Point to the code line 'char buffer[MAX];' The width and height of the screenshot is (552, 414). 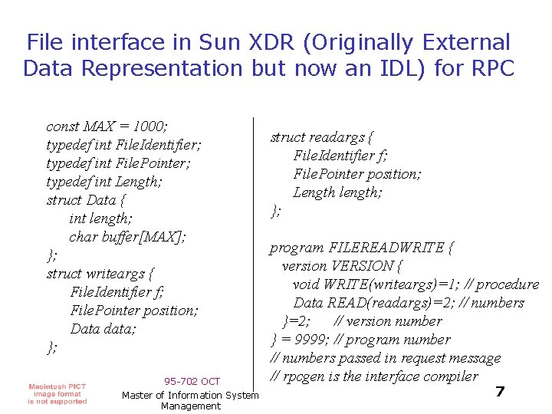[x=127, y=237]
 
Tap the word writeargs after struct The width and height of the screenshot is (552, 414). [x=120, y=274]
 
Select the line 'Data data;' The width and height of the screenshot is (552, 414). [x=103, y=329]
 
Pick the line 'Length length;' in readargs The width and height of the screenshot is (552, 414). [x=337, y=192]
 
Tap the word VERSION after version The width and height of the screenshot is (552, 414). [x=362, y=266]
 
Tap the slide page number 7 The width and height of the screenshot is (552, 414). [x=500, y=392]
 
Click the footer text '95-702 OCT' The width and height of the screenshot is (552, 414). [x=192, y=382]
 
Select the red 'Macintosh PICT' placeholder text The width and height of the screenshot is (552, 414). [x=58, y=386]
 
